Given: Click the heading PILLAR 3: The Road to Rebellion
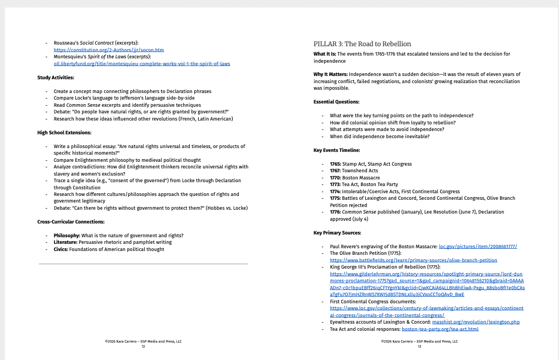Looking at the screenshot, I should (362, 44).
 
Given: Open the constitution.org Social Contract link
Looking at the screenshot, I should (108, 50).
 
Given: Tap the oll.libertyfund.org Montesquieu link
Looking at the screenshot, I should (141, 63).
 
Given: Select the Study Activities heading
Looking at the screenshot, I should (56, 78).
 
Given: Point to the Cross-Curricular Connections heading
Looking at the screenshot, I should (71, 222).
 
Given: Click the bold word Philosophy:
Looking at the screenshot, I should (67, 236).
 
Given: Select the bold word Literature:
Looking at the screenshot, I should (65, 242).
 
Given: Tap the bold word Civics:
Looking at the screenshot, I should (62, 249).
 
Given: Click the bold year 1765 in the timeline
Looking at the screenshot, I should (335, 164).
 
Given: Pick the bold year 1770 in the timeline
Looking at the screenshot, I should (335, 178).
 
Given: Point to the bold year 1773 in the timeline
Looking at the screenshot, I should (335, 184).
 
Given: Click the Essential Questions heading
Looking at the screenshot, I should (336, 102).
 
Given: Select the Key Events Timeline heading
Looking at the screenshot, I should (337, 150).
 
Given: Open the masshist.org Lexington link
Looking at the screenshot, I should (475, 322).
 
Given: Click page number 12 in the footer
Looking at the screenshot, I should (143, 347).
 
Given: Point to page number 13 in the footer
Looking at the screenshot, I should (419, 347).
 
